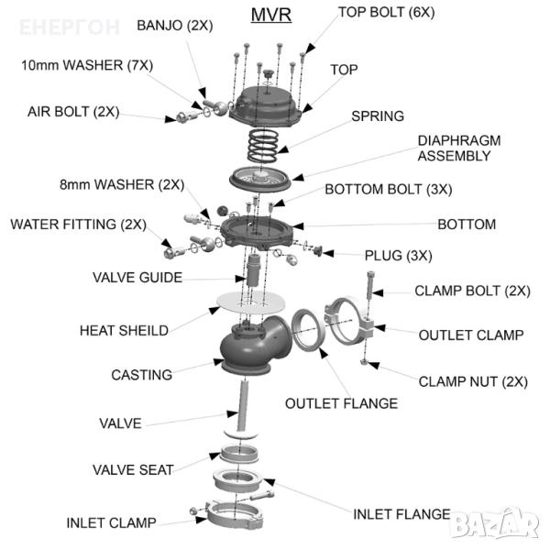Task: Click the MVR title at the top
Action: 270,16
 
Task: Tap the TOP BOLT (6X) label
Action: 387,13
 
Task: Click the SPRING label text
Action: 378,116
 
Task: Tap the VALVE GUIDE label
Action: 137,277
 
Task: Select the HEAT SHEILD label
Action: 124,330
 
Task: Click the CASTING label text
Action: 141,374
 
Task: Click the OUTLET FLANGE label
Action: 341,403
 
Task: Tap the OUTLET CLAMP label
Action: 471,335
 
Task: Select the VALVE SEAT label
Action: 133,470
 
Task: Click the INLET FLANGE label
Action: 401,514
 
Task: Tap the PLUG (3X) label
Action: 398,255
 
